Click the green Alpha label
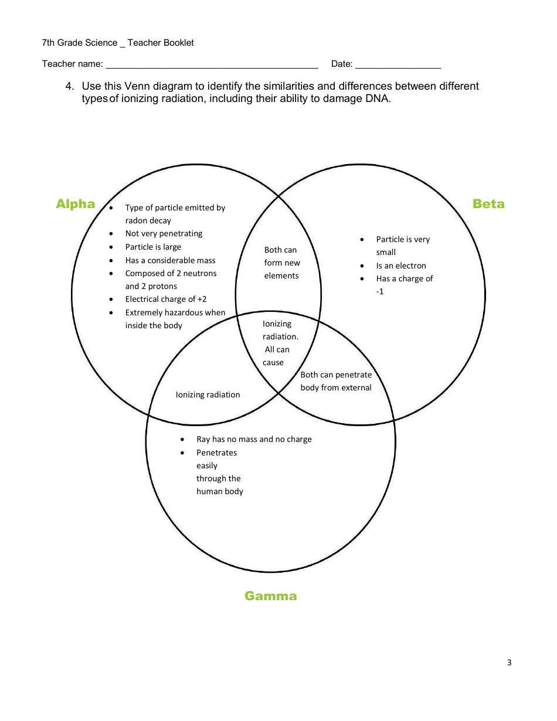[75, 204]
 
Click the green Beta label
[488, 204]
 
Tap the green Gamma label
[271, 596]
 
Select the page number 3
[509, 663]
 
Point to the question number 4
[69, 86]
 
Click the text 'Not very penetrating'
[164, 233]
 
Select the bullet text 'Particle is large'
[153, 247]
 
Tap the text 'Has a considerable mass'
[170, 260]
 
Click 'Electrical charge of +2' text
[165, 299]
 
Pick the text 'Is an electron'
[401, 266]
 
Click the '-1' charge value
[380, 291]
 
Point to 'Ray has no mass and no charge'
[254, 439]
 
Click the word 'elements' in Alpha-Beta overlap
[281, 276]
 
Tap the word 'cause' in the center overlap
[273, 362]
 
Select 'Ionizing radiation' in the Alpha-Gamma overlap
[208, 394]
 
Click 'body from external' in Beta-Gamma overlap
[336, 387]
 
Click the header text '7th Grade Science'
[80, 43]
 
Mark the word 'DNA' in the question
[375, 98]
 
